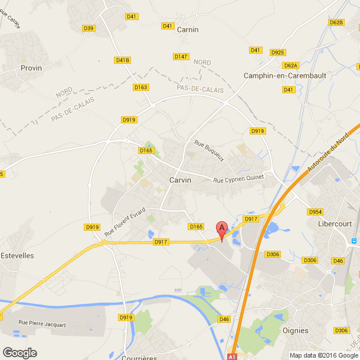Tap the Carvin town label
(x=180, y=180)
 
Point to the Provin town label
(x=31, y=68)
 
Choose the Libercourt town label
(x=335, y=224)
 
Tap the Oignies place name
(x=296, y=330)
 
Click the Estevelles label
(x=17, y=256)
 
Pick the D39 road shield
(x=89, y=28)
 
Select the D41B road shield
(x=123, y=60)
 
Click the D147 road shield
(x=181, y=57)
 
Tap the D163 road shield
(x=140, y=87)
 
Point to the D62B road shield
(x=336, y=22)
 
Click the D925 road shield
(x=278, y=53)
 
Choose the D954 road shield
(x=315, y=211)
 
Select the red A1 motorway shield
(x=233, y=356)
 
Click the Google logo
(x=19, y=352)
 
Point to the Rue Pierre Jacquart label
(x=42, y=323)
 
